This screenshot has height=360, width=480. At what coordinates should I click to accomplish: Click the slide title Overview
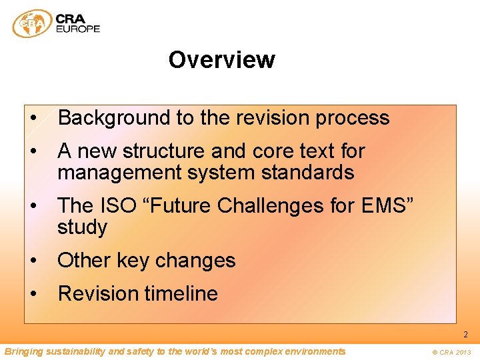[x=221, y=60]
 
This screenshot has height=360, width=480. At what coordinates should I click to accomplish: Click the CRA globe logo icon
[x=31, y=23]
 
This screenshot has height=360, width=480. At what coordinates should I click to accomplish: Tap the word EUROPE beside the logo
[x=78, y=29]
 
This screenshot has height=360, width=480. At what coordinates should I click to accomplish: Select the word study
[x=82, y=227]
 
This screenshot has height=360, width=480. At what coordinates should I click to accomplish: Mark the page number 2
[x=465, y=335]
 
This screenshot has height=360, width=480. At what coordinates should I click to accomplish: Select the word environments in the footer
[x=313, y=351]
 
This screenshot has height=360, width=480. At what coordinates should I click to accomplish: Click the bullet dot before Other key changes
[x=33, y=261]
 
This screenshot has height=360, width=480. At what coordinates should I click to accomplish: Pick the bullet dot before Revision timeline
[x=33, y=294]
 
